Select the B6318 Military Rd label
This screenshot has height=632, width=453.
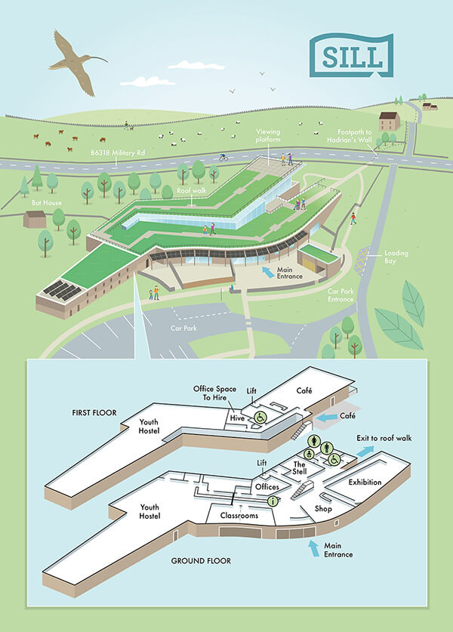[117, 153]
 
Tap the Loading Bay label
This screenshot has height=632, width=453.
[396, 257]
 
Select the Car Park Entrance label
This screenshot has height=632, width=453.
[341, 294]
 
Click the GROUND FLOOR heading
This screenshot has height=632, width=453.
[200, 560]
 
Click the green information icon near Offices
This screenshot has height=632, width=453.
[273, 500]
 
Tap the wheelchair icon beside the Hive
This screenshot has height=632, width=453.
[258, 418]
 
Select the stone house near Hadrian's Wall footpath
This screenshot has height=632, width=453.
[389, 121]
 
